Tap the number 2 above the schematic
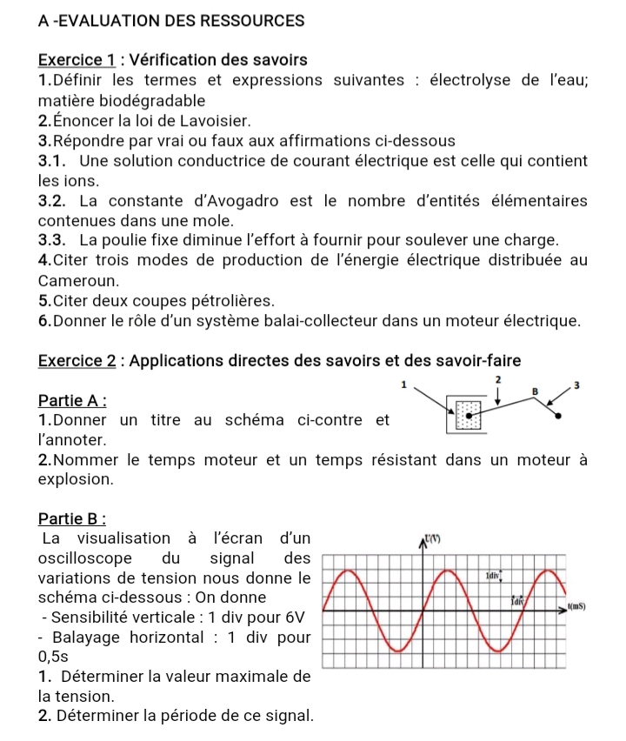tap(497, 381)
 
